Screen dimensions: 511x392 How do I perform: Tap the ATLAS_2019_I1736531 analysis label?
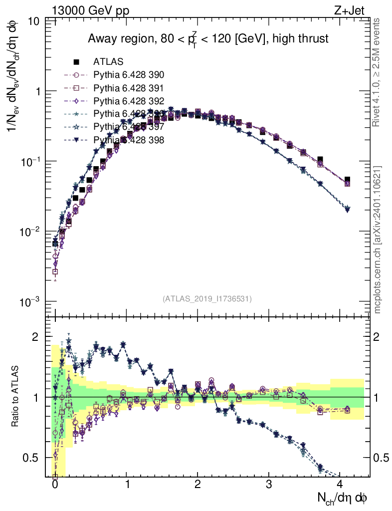[x=207, y=299]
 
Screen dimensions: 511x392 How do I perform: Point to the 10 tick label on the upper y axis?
[x=34, y=21]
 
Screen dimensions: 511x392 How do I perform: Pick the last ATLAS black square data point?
[x=347, y=180]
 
